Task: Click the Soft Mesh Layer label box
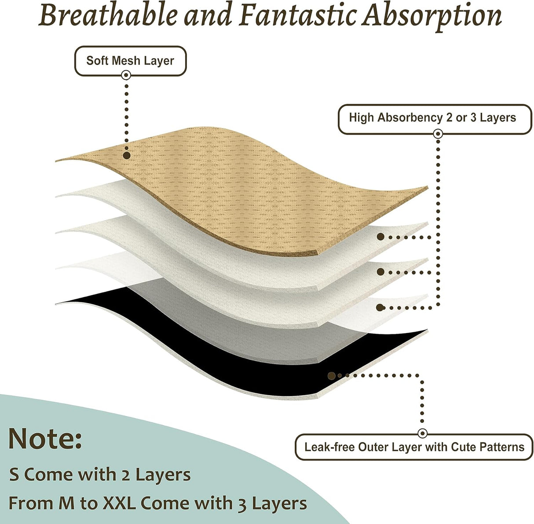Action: pyautogui.click(x=130, y=61)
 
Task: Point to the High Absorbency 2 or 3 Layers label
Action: pyautogui.click(x=435, y=119)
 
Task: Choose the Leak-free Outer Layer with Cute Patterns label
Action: pyautogui.click(x=414, y=447)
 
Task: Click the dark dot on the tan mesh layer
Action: pyautogui.click(x=127, y=155)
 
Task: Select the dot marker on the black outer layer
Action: pyautogui.click(x=332, y=376)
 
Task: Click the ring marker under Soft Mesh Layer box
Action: pyautogui.click(x=126, y=75)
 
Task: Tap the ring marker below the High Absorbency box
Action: pyautogui.click(x=438, y=134)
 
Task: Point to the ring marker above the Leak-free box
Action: pyautogui.click(x=422, y=433)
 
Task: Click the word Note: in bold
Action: pyautogui.click(x=45, y=440)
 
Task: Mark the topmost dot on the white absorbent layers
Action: pyautogui.click(x=381, y=237)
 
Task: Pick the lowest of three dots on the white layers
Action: pyautogui.click(x=381, y=307)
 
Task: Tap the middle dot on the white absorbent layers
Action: pyautogui.click(x=381, y=272)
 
